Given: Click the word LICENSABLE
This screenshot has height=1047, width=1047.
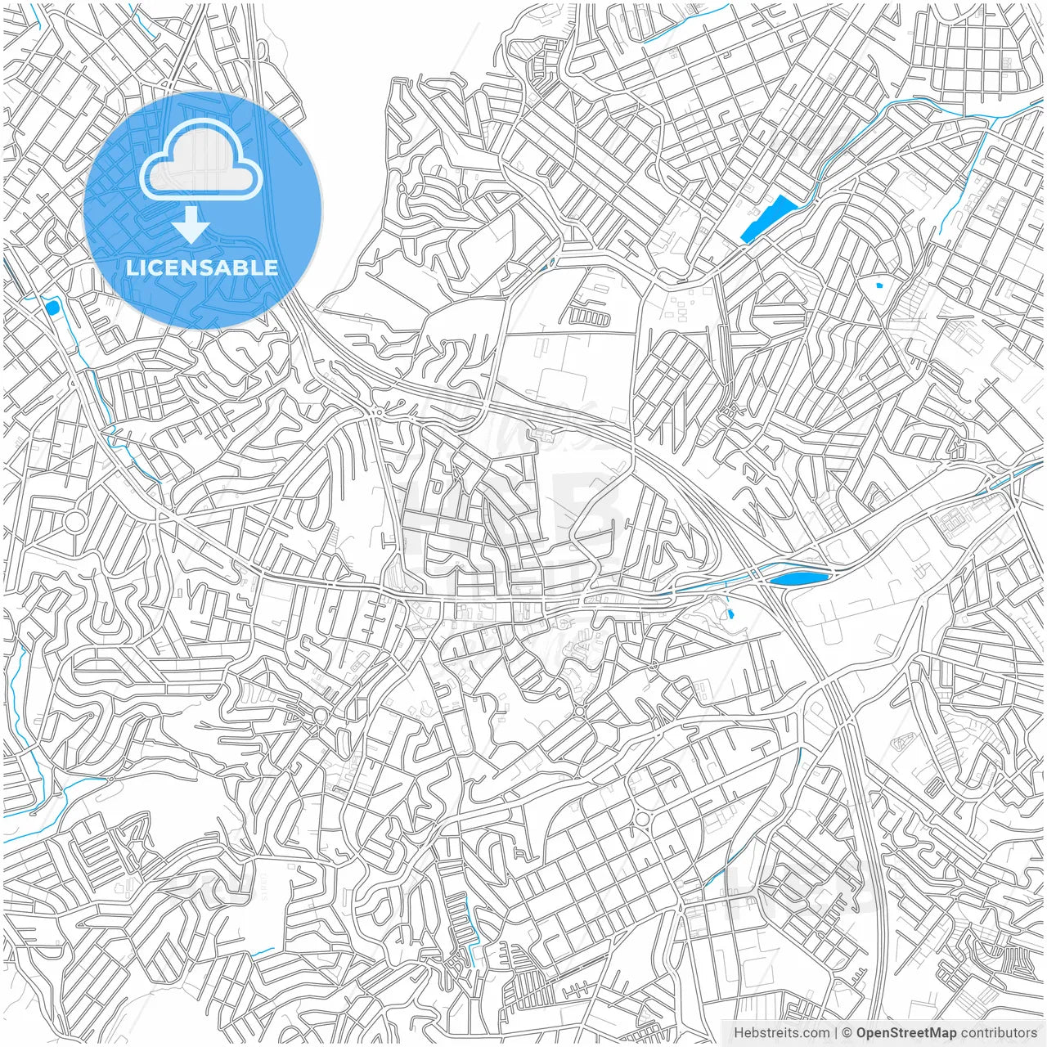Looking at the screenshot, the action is pyautogui.click(x=202, y=267).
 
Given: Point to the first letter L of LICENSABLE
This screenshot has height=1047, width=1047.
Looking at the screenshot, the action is pyautogui.click(x=132, y=267).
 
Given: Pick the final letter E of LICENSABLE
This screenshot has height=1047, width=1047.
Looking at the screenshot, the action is pyautogui.click(x=271, y=267).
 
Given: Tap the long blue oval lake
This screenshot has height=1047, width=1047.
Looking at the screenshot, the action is pyautogui.click(x=798, y=579).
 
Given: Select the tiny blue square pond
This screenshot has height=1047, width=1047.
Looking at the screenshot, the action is pyautogui.click(x=879, y=285).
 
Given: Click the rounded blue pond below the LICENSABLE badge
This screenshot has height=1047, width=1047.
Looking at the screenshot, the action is pyautogui.click(x=52, y=308).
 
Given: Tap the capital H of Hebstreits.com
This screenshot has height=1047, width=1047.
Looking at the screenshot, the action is pyautogui.click(x=739, y=1033).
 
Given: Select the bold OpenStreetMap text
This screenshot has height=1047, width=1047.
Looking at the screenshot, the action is pyautogui.click(x=906, y=1033).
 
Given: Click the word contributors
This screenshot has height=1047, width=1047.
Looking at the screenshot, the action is pyautogui.click(x=999, y=1033).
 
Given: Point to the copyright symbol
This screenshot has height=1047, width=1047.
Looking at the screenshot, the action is pyautogui.click(x=848, y=1033).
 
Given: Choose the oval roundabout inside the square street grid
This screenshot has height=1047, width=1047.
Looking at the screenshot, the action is pyautogui.click(x=642, y=819).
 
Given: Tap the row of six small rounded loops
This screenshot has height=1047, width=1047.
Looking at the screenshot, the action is pyautogui.click(x=590, y=317).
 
